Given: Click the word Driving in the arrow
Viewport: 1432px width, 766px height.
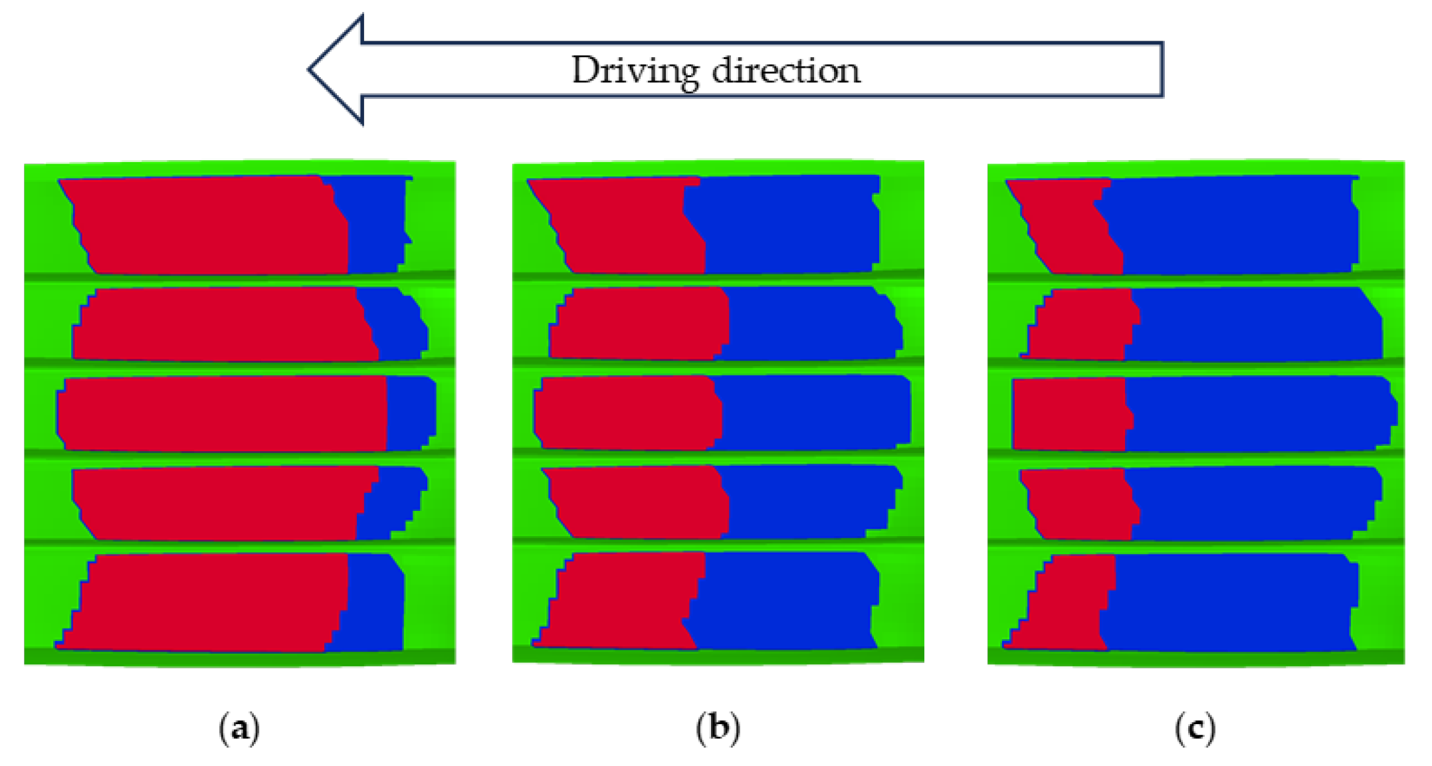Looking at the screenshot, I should pyautogui.click(x=635, y=70).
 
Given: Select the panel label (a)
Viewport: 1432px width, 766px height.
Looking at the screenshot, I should pyautogui.click(x=239, y=728).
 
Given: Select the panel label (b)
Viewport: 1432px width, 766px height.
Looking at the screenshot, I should pyautogui.click(x=718, y=728).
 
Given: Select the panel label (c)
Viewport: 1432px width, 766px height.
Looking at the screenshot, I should pyautogui.click(x=1195, y=728).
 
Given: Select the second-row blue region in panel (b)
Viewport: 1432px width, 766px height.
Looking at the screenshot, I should pyautogui.click(x=811, y=324).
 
